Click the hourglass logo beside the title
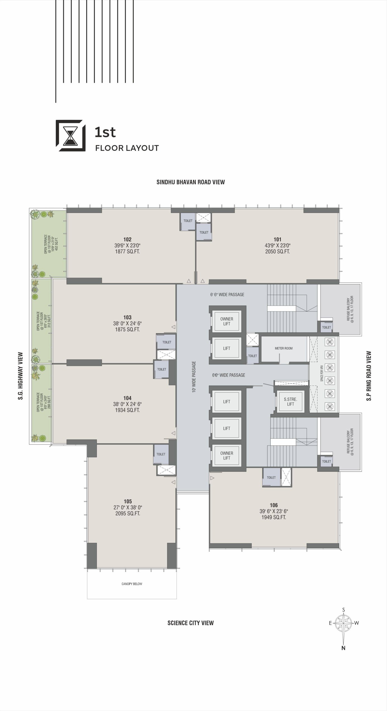(x=71, y=136)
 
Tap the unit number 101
(x=277, y=239)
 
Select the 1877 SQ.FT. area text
(x=128, y=251)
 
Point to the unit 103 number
(x=127, y=317)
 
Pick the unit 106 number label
(x=274, y=505)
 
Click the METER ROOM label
(x=284, y=348)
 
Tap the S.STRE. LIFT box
(x=290, y=402)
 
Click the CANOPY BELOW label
(x=132, y=584)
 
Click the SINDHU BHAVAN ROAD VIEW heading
(x=191, y=182)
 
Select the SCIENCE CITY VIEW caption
(x=191, y=623)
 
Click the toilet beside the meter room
(x=253, y=356)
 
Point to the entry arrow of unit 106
(x=212, y=478)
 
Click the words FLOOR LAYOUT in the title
(x=127, y=148)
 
